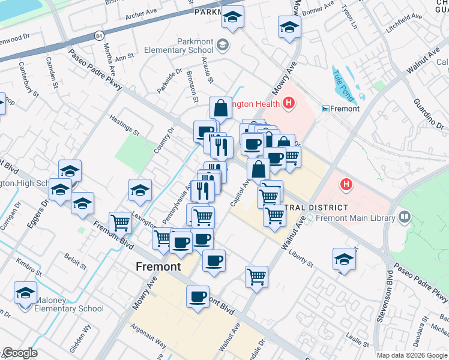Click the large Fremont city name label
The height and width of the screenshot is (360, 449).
158,266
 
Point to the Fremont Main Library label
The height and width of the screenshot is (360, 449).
364,217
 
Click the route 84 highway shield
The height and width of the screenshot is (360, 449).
98,36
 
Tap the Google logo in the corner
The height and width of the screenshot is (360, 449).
20,353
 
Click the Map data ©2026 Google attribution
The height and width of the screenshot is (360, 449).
412,355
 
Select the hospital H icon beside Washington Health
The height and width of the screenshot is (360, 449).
289,104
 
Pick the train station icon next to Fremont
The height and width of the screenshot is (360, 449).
326,109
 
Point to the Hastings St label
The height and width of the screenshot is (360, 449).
124,125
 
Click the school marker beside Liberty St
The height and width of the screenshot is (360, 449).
345,259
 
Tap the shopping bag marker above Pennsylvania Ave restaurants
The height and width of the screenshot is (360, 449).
220,108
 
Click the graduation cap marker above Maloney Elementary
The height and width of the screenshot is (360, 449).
26,292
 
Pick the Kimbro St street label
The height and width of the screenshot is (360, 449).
28,263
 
